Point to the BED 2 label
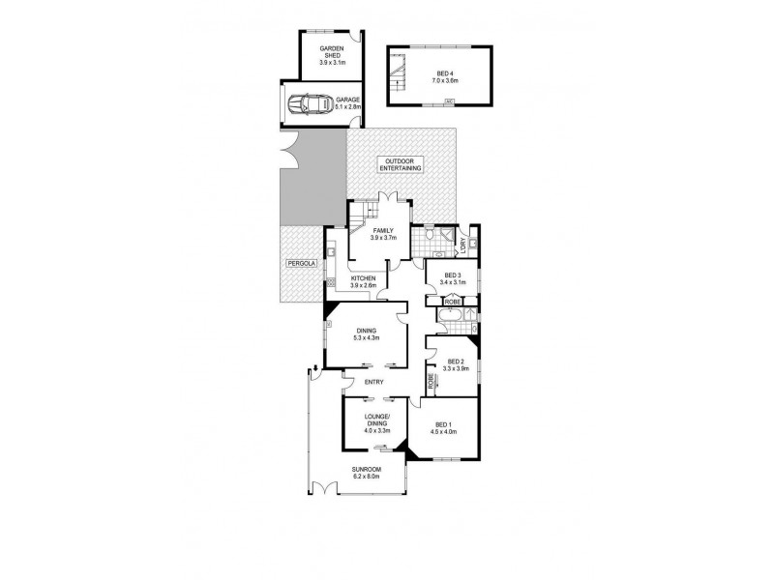(455, 365)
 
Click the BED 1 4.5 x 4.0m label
(444, 428)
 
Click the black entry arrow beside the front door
(314, 368)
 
